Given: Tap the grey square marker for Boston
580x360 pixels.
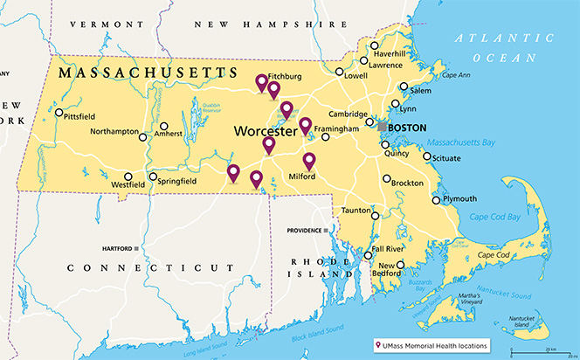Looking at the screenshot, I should coord(382,128).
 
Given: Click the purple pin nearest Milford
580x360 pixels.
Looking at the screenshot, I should coord(309,160).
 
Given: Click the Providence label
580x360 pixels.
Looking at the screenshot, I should coord(304,230).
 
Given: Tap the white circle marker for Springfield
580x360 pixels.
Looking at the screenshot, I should coord(153,177).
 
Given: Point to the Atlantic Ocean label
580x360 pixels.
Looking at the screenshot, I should coord(501,47).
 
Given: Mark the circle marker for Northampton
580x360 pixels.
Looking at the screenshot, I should coord(144,134).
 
